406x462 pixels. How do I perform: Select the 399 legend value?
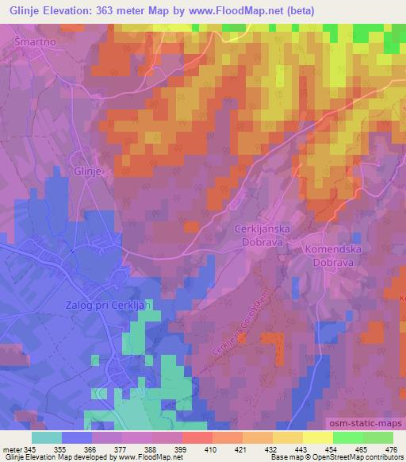(x=181, y=449)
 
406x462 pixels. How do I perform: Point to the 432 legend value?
(x=270, y=449)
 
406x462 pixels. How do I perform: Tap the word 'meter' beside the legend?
(x=11, y=449)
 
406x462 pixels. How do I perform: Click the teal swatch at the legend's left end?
(x=47, y=437)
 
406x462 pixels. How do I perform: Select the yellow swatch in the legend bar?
(x=318, y=437)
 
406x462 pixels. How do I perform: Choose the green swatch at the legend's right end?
(x=377, y=437)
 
